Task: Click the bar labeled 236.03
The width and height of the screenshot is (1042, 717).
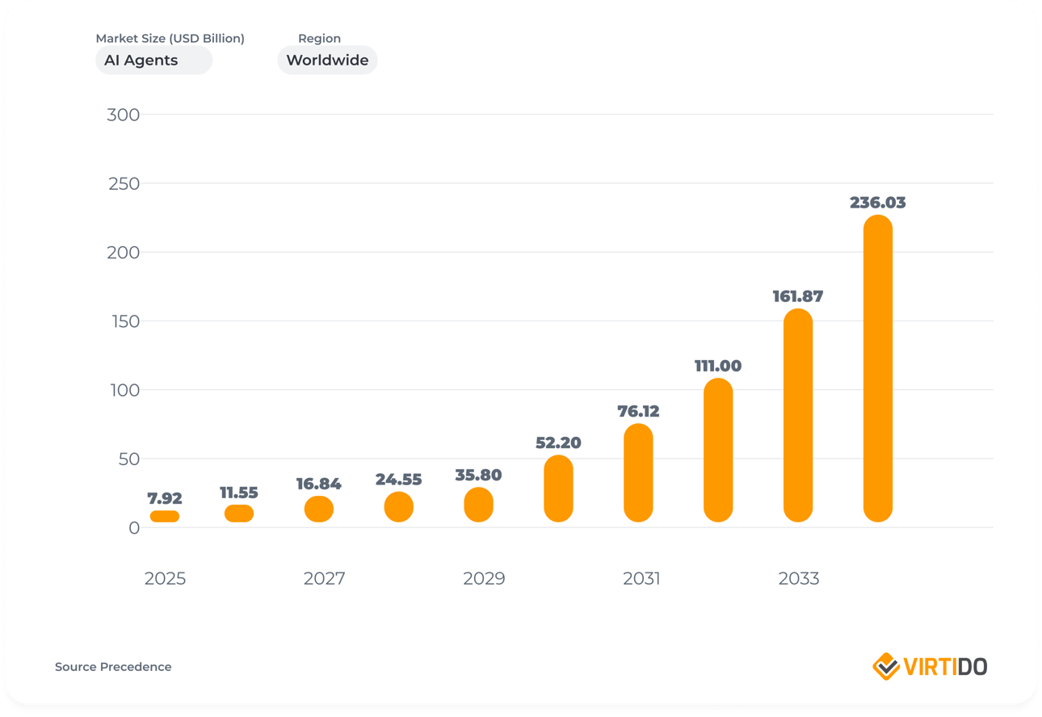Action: point(877,368)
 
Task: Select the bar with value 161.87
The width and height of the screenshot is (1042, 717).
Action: point(798,415)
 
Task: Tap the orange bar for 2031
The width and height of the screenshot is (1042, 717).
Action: point(638,472)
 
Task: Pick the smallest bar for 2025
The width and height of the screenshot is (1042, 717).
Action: point(165,516)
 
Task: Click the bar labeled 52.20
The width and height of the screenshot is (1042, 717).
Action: point(558,488)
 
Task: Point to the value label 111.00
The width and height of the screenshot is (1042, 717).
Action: point(717,366)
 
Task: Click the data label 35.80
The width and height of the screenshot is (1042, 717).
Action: point(478,475)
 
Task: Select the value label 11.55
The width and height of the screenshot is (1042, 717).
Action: point(238,493)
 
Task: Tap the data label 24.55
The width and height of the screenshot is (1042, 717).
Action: point(398,480)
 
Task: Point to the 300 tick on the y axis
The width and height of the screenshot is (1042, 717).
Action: point(123,115)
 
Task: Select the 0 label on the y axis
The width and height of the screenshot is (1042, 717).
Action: point(133,528)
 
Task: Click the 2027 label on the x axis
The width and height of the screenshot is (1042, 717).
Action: point(324,579)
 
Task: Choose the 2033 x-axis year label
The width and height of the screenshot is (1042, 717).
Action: point(798,579)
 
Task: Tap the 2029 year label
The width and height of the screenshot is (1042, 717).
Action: point(483,579)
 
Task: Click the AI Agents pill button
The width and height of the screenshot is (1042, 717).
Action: point(153,61)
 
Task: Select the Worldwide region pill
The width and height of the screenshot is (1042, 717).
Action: point(327,61)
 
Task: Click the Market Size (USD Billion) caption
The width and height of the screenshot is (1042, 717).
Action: point(170,38)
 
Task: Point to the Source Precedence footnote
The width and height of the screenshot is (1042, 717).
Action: point(113,667)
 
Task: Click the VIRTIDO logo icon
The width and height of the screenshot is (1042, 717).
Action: point(886,667)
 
